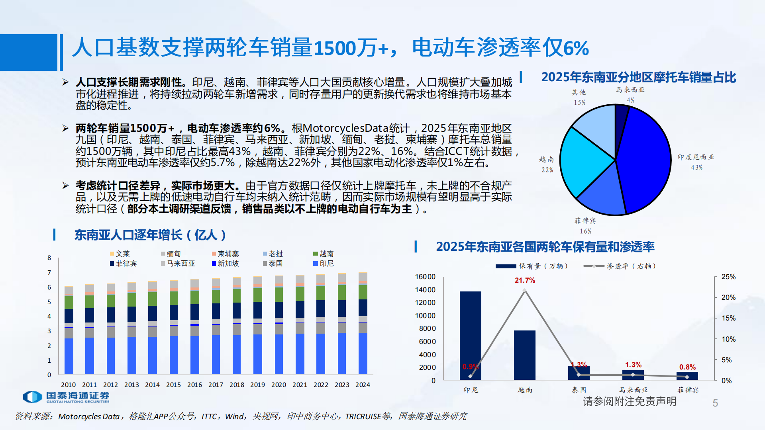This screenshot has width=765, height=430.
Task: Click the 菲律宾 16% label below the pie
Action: click(x=585, y=225)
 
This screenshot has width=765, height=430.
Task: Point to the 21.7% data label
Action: click(x=525, y=280)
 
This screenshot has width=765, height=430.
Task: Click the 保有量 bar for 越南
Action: click(x=525, y=354)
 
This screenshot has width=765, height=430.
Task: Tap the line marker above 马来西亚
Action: click(x=633, y=375)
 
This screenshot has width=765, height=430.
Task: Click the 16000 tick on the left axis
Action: click(x=425, y=277)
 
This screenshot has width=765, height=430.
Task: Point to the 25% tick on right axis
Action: click(x=728, y=277)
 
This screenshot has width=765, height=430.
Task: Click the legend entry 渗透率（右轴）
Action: click(x=620, y=266)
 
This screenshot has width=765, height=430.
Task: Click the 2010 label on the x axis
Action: click(x=68, y=385)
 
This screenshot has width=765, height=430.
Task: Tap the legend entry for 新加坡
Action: click(x=225, y=264)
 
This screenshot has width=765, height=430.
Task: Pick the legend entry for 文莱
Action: click(x=120, y=254)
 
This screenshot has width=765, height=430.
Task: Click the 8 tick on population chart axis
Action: click(x=49, y=258)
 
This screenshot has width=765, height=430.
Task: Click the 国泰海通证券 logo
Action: click(x=66, y=397)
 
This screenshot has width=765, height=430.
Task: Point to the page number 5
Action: click(x=715, y=403)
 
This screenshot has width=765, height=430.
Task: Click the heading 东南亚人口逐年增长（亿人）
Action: click(x=150, y=235)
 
